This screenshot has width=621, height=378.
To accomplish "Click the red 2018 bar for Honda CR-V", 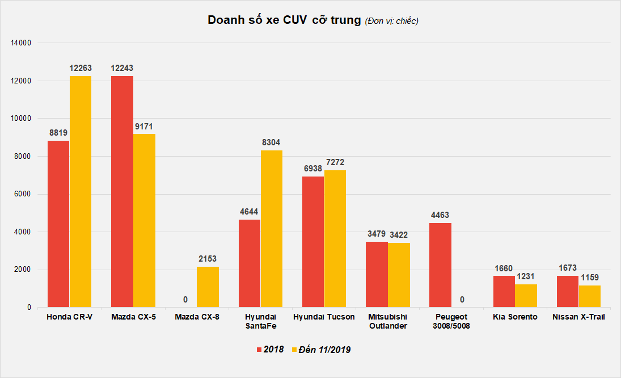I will [58, 224].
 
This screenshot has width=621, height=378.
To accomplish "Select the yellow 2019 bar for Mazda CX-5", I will [144, 221].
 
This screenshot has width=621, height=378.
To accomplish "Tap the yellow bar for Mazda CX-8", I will [208, 287].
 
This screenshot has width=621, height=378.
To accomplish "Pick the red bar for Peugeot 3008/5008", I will [440, 265].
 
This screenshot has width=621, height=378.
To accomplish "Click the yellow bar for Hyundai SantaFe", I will [272, 229].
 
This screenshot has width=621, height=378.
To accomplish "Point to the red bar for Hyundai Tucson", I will [313, 242].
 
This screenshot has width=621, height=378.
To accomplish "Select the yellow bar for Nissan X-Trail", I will [589, 296].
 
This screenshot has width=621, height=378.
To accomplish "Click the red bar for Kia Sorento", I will [504, 292].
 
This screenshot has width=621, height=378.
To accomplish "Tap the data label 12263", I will [81, 68].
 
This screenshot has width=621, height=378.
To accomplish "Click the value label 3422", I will [399, 235].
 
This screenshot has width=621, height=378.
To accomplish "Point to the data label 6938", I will [313, 169].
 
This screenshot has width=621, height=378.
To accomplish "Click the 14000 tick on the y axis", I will [21, 43].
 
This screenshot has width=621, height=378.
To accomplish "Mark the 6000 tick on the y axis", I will [23, 194].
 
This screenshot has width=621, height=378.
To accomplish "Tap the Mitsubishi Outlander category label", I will [388, 321].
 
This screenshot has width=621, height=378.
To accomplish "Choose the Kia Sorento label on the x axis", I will [515, 317].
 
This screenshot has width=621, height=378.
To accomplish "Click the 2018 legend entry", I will [271, 350].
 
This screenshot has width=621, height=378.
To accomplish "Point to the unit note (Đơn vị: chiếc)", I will [392, 21].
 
